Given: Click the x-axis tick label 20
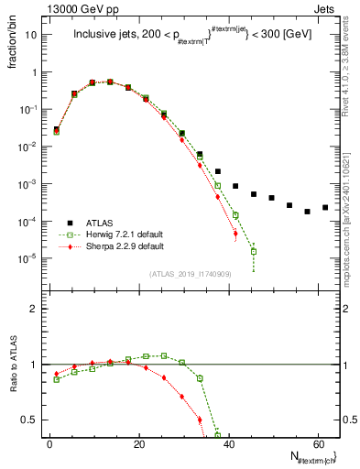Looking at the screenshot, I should click(138, 442).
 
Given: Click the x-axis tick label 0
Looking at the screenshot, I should click(49, 442).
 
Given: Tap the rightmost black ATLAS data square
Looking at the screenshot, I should click(325, 207).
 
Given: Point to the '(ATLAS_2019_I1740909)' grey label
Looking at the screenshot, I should click(190, 274).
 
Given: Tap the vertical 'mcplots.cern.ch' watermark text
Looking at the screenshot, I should click(352, 183).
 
